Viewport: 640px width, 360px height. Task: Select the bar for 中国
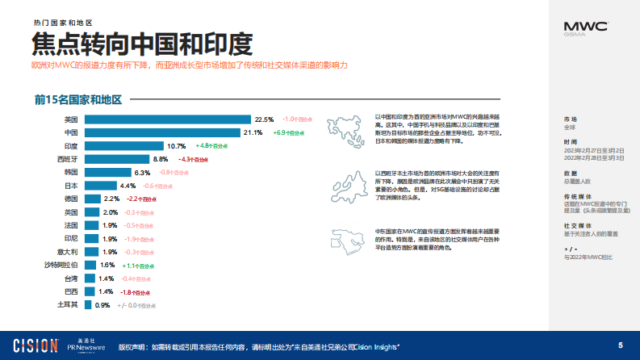(x=161, y=132)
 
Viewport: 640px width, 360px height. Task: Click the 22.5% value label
(x=264, y=119)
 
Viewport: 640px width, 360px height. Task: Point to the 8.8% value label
(x=161, y=159)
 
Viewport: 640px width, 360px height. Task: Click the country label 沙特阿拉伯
(x=61, y=265)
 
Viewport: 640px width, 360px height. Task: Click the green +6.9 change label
(x=287, y=132)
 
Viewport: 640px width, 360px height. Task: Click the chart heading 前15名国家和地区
(x=77, y=100)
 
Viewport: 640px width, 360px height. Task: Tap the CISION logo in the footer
(x=29, y=345)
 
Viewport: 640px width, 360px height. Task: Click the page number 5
(x=621, y=345)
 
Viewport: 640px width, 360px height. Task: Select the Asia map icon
(x=347, y=129)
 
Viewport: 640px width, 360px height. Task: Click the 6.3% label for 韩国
(x=142, y=173)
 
